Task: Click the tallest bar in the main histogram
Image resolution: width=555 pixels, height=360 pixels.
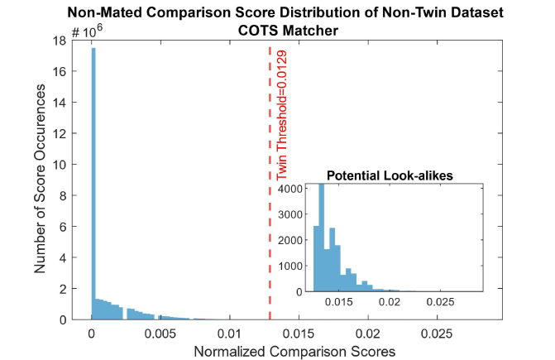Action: [93, 182]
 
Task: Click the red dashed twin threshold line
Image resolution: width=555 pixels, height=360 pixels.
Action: [270, 207]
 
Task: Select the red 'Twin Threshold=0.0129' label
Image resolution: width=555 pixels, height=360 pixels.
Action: [282, 115]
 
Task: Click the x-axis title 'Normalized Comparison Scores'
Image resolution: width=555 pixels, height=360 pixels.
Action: [294, 351]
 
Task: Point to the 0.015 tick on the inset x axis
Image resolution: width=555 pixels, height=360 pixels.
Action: [342, 304]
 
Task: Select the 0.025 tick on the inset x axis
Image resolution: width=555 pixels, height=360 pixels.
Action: [438, 304]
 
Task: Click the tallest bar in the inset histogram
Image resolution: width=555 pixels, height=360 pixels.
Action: [321, 240]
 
